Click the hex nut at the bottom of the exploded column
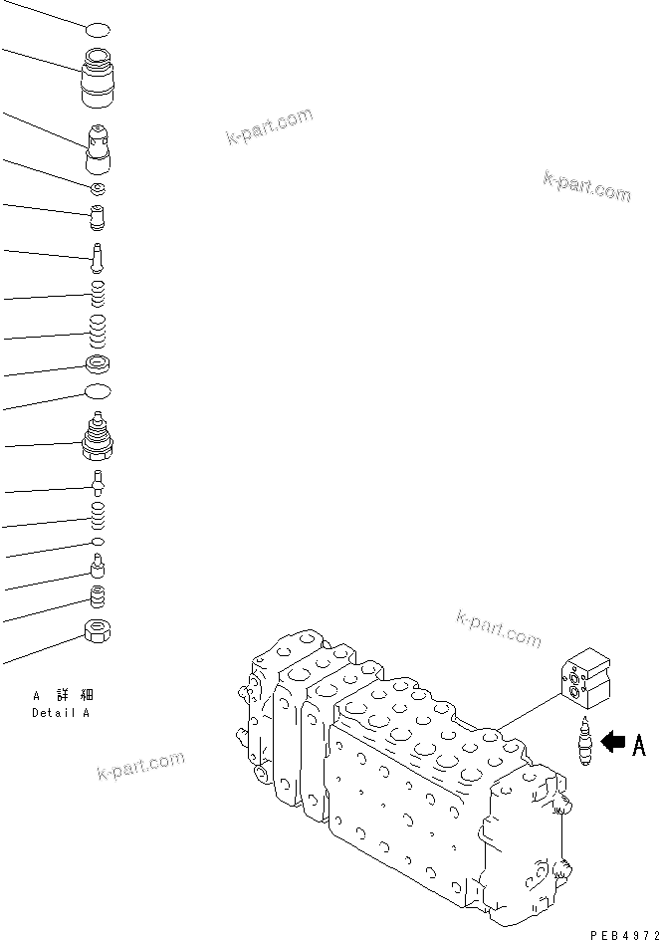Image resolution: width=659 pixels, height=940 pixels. (99, 630)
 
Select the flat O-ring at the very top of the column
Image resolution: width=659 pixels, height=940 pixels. (97, 31)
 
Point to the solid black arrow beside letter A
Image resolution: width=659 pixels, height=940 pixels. (615, 742)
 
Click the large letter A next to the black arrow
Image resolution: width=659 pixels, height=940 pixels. (639, 744)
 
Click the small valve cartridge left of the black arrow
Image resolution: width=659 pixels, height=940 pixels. (584, 744)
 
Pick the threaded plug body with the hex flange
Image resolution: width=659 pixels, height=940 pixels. (98, 439)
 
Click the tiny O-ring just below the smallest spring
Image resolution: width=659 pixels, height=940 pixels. (98, 541)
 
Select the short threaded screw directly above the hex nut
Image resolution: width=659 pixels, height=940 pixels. (98, 597)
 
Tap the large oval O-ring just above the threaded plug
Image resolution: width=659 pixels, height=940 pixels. (98, 392)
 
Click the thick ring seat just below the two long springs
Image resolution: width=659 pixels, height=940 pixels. (98, 363)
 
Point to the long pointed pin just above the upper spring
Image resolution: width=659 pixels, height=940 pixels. (98, 257)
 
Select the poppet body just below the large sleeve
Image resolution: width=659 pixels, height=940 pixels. (100, 149)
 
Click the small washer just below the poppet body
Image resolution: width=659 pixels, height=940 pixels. (98, 188)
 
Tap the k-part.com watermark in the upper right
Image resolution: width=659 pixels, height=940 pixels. (586, 186)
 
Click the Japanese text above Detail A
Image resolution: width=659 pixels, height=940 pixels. (66, 695)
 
